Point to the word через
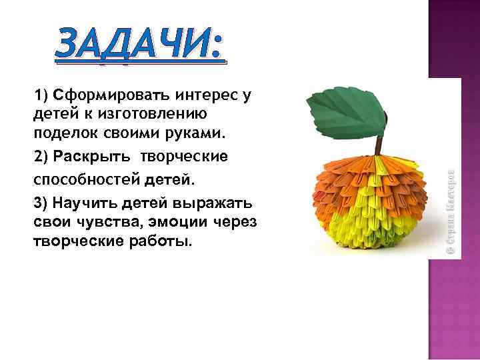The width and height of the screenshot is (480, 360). pyautogui.click(x=235, y=221)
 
